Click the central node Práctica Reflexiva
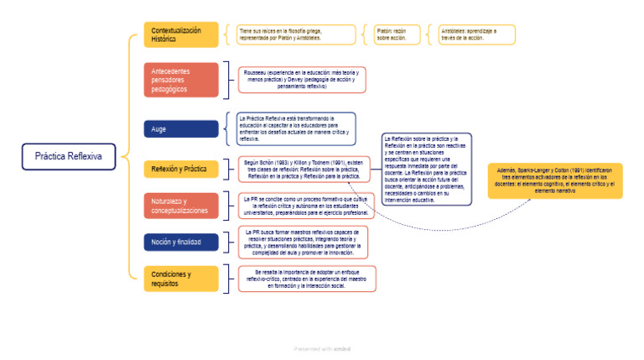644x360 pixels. [68, 156]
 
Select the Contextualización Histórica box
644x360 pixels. [180, 34]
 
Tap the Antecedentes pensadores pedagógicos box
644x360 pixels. [180, 80]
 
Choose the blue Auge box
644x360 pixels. [180, 129]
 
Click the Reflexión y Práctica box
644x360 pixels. [180, 169]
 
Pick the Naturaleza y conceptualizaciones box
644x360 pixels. [180, 206]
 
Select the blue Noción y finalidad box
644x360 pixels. [180, 242]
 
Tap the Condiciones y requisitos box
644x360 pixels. [180, 279]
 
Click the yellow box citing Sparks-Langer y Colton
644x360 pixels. [555, 180]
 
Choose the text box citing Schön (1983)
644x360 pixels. [302, 169]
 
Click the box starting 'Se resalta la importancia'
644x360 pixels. [307, 279]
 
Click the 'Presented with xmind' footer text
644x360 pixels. [322, 347]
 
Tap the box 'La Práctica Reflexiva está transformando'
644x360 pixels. [297, 129]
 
